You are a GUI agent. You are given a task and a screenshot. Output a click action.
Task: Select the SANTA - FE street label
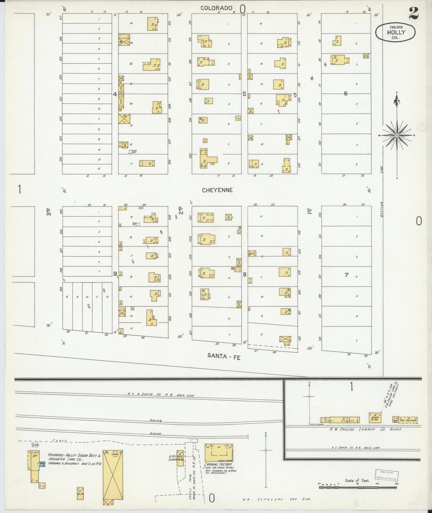tap(224, 356)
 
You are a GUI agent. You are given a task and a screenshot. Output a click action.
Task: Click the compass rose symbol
tap(397, 135)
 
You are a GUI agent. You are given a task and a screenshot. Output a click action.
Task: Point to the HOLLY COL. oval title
tap(395, 32)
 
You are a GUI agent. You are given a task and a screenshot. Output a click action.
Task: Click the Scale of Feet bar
tap(359, 487)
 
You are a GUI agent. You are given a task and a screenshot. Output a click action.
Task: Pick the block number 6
tap(346, 93)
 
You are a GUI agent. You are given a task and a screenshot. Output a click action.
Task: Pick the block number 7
tap(346, 275)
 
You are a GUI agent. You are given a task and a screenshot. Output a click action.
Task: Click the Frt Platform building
tap(408, 420)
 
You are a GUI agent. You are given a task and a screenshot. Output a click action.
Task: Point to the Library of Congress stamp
tap(385, 475)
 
